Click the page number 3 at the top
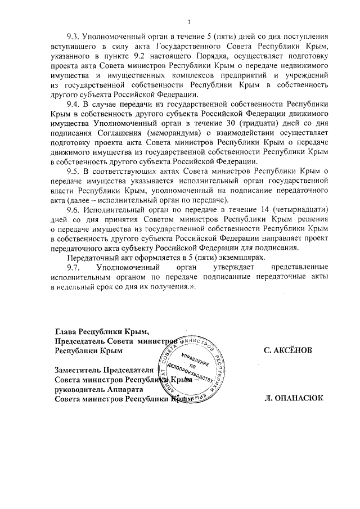(x=189, y=21)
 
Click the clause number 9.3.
(x=74, y=37)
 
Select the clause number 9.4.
(x=74, y=105)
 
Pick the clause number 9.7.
(x=74, y=267)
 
